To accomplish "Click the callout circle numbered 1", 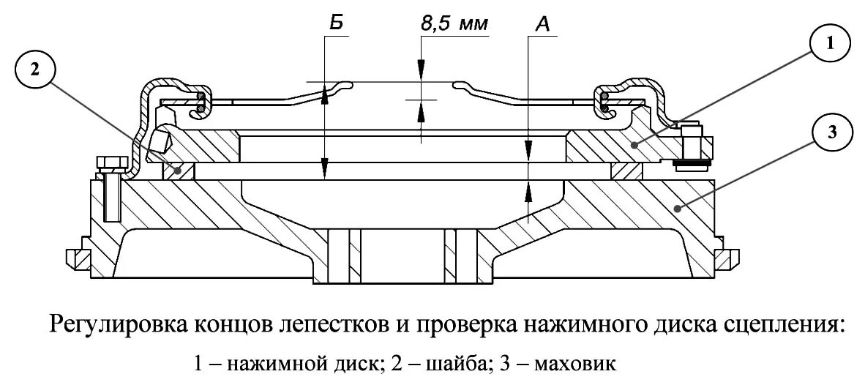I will point(828,44).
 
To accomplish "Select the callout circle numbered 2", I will point(34,71).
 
